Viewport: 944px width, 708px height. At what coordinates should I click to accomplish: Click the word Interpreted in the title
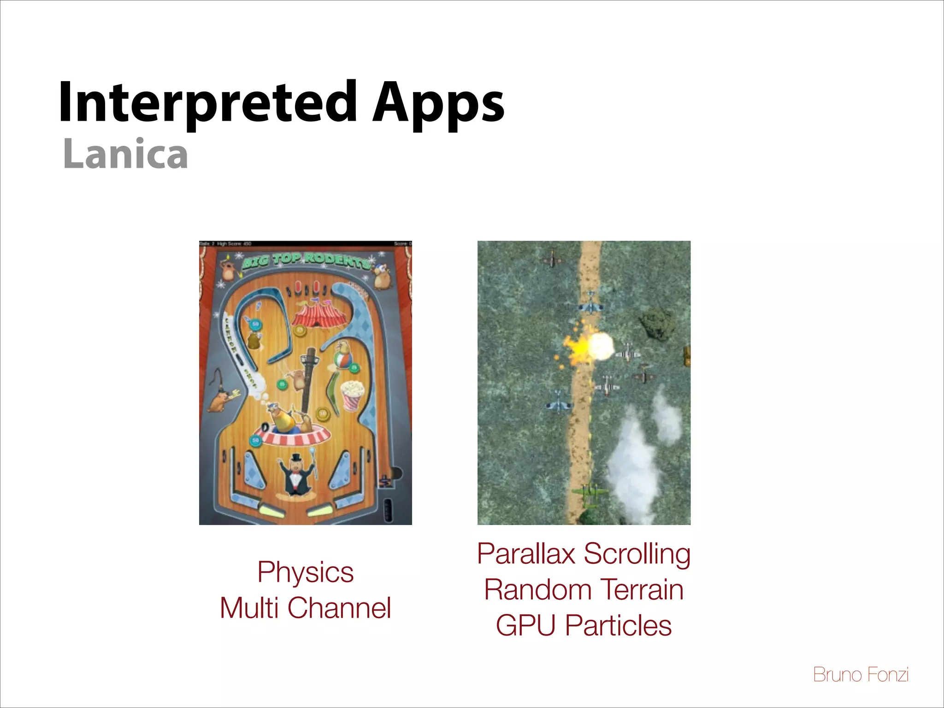(207, 102)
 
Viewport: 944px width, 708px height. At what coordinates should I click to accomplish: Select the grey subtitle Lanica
(125, 154)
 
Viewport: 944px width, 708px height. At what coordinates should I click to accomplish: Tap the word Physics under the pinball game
(305, 572)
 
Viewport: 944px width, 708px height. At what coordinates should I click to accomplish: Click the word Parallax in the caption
(526, 554)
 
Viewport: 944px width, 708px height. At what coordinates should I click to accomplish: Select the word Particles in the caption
(618, 625)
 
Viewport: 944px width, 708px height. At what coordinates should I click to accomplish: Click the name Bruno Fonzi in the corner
(861, 675)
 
